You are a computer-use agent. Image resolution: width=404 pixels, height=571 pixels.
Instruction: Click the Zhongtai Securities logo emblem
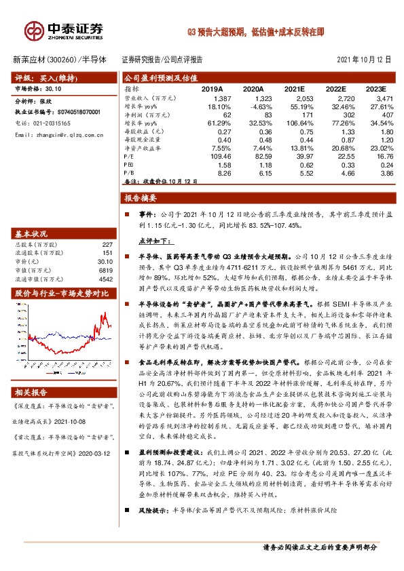[34, 30]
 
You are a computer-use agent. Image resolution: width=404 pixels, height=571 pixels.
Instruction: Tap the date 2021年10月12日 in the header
[364, 59]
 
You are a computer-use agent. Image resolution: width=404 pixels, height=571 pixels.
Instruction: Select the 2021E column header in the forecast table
[295, 89]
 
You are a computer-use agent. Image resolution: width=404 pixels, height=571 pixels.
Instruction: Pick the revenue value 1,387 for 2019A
[213, 100]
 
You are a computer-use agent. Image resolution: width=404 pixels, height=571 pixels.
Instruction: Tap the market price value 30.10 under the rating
[54, 88]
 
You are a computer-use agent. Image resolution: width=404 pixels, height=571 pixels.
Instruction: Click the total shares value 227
[107, 245]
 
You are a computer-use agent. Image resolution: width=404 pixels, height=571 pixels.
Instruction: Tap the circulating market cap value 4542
[105, 279]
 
